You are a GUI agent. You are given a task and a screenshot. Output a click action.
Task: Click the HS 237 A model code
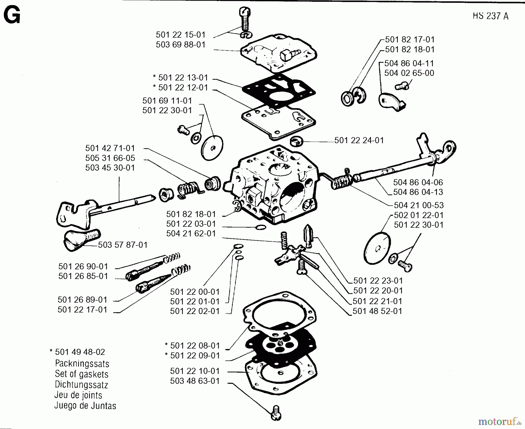coord(490,16)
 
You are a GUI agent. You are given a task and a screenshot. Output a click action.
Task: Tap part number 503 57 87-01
coord(123,245)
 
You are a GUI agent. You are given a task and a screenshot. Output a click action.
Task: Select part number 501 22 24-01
coord(359,140)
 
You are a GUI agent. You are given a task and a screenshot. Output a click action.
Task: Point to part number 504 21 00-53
coord(419,205)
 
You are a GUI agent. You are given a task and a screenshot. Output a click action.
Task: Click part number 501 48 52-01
coord(377,311)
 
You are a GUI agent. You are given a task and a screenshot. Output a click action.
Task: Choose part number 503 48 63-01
coord(195,381)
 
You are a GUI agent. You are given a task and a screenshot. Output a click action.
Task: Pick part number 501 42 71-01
coord(110,148)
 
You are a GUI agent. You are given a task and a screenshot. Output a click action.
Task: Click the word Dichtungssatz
coord(81,385)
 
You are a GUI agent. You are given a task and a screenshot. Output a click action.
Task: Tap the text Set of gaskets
coord(81,374)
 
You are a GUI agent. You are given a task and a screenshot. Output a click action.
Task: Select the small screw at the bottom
coord(276,413)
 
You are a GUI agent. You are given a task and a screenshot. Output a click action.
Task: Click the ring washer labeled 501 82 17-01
coord(347,99)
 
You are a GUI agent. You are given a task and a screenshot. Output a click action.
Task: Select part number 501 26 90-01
coord(83,266)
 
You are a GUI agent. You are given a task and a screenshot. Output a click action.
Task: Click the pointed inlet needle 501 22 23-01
coord(309,235)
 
